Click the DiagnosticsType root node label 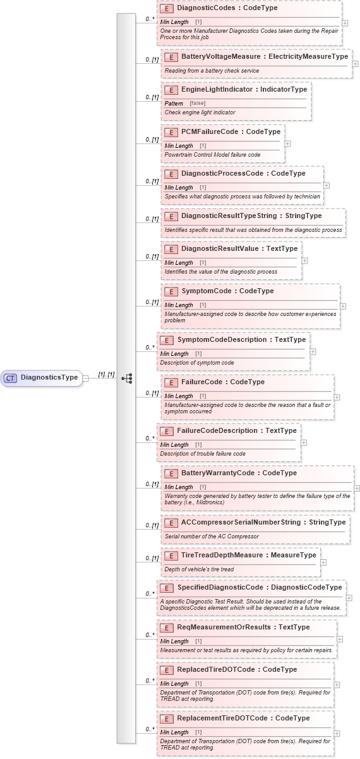[49, 378]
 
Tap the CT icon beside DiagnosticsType [11, 378]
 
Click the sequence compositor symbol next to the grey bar [127, 378]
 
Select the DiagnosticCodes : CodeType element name [227, 8]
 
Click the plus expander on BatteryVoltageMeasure [355, 64]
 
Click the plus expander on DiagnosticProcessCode [327, 185]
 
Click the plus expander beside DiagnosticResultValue [305, 260]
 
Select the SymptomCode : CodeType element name [219, 291]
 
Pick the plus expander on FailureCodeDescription [304, 442]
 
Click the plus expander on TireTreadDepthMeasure [323, 562]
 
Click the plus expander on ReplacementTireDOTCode [337, 733]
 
